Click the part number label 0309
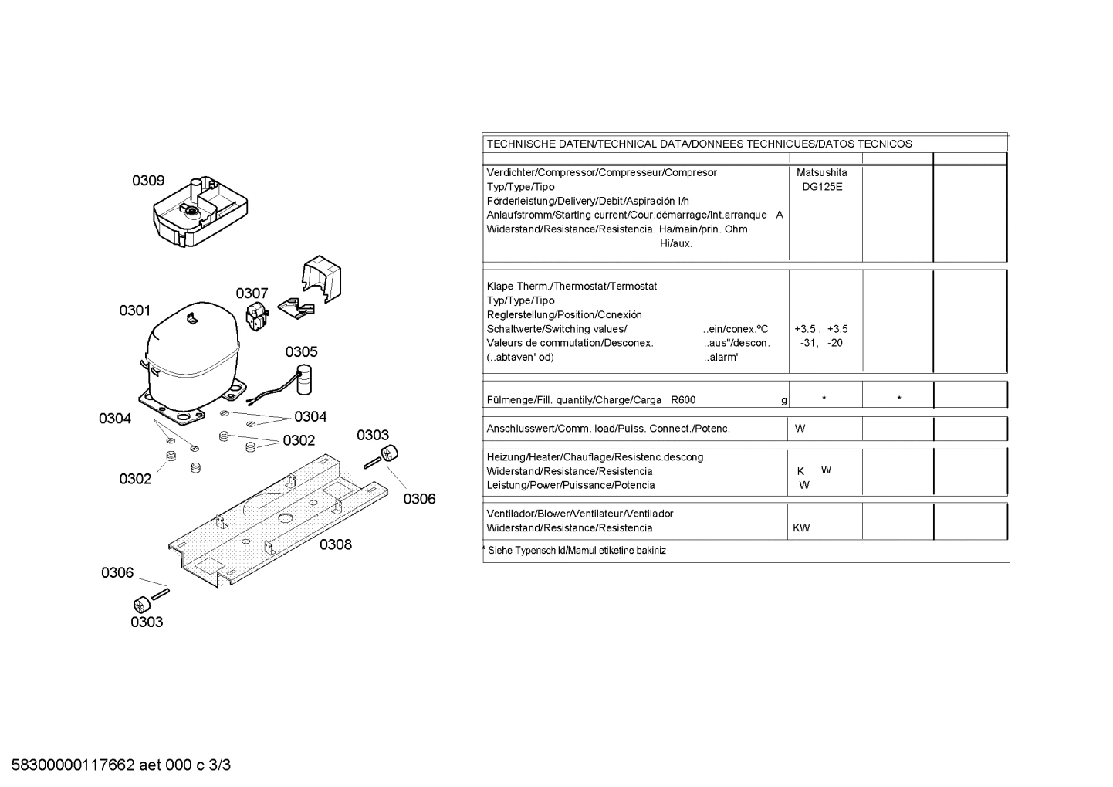tap(148, 181)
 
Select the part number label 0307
tap(252, 293)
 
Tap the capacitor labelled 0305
tap(303, 380)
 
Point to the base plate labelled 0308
tap(278, 520)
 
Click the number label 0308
tap(336, 545)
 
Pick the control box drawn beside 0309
tap(200, 211)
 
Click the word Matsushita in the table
tap(822, 172)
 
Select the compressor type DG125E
tap(822, 187)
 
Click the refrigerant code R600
tap(683, 400)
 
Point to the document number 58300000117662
tap(73, 765)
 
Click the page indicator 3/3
tap(220, 765)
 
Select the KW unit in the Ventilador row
tap(801, 528)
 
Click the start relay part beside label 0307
tap(257, 317)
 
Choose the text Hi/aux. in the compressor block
tap(676, 243)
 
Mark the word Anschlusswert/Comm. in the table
tap(545, 429)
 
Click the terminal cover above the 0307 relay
tap(322, 278)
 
